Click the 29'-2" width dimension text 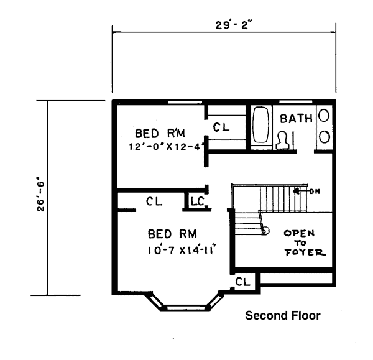pos(233,25)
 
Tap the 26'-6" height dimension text pos(40,197)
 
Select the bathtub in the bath pos(260,125)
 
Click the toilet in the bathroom pos(283,140)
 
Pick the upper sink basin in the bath pos(324,116)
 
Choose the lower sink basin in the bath pos(324,137)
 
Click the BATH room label pos(296,119)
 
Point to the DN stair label pos(315,192)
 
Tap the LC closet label pos(197,201)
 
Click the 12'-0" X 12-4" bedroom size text pos(167,146)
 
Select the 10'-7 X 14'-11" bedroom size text pos(182,251)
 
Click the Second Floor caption pos(283,315)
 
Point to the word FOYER pos(305,252)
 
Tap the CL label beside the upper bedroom pos(221,127)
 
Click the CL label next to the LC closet pos(154,201)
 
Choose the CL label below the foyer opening pos(242,282)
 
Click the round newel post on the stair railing pos(265,231)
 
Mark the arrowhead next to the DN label pos(296,191)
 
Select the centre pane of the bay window pos(186,307)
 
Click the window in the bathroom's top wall pos(295,102)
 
